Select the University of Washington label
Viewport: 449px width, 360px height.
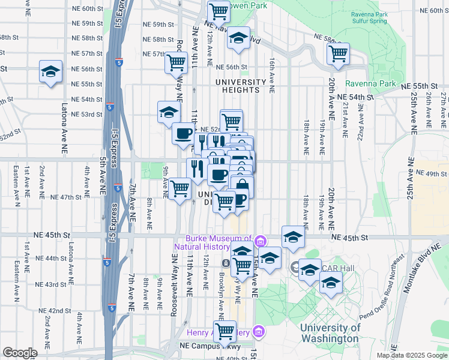click(x=330, y=333)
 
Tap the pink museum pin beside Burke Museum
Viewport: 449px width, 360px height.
click(x=260, y=242)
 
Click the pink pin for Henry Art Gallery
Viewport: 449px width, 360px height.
click(x=258, y=331)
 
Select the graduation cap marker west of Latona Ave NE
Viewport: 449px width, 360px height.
click(x=50, y=71)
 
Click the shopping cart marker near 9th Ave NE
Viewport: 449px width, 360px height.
click(x=179, y=188)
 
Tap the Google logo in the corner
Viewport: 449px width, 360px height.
click(x=20, y=353)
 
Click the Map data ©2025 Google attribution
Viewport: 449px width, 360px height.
click(x=411, y=355)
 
